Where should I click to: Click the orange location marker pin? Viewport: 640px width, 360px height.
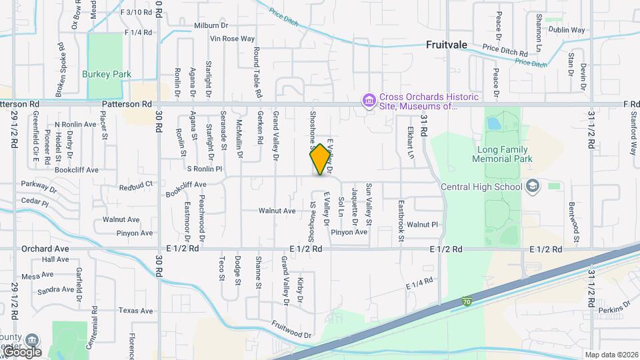(x=321, y=159)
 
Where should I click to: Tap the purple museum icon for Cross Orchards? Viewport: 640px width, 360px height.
(x=367, y=101)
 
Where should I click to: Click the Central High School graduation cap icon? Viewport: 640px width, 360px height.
(x=532, y=186)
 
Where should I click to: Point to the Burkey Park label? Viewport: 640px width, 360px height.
(x=107, y=75)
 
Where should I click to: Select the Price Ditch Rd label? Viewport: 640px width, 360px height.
(x=504, y=49)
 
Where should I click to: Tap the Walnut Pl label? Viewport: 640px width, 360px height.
(x=421, y=225)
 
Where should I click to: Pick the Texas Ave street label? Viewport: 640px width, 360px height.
(x=136, y=311)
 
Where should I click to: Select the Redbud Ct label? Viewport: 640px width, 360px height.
(x=136, y=183)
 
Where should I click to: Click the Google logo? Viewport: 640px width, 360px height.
(x=22, y=351)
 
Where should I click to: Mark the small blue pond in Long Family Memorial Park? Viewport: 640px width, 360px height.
(x=493, y=124)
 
